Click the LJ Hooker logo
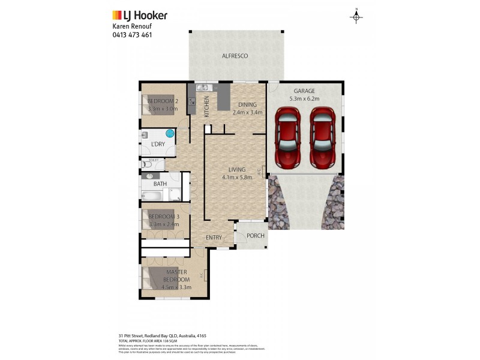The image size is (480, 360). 140,16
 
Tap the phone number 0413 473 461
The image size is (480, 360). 132,35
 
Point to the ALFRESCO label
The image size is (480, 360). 235,56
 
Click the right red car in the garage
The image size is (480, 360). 322,137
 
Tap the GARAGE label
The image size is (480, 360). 304,91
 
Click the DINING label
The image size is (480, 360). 247,104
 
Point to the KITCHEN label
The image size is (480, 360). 206,107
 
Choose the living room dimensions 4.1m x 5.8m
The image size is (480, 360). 236,177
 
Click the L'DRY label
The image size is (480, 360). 158,145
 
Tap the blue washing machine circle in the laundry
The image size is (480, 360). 170,133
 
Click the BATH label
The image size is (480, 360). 160,184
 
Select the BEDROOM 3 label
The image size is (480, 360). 164,217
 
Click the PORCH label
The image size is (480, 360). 256,236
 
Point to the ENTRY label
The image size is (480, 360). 214,238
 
